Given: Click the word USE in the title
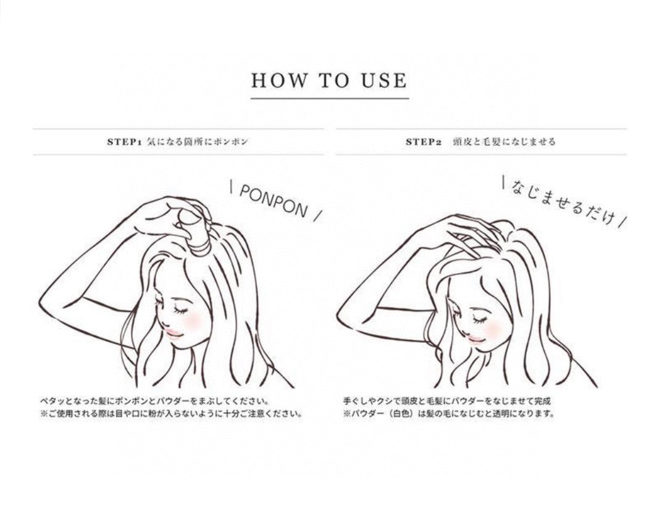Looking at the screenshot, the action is [384, 80].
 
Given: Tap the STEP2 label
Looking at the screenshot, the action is [424, 142].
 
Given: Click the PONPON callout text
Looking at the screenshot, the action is [274, 200].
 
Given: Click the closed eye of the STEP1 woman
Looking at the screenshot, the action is [181, 310].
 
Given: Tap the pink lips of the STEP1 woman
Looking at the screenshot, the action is [174, 332].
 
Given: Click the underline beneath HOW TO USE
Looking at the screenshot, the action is [330, 98].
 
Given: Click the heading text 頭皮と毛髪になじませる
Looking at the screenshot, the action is [505, 142].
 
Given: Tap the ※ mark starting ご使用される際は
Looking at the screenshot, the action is [44, 415].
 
